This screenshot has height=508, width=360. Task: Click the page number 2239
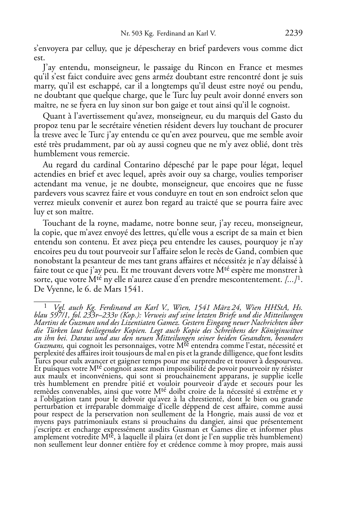coord(294,33)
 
